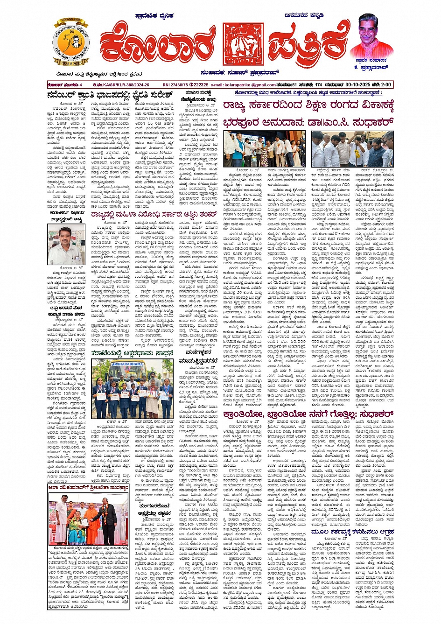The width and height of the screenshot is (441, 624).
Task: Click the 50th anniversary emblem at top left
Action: click(71, 43)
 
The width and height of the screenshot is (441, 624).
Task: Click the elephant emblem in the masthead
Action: click(243, 44)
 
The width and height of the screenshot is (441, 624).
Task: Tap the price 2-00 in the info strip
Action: click(385, 84)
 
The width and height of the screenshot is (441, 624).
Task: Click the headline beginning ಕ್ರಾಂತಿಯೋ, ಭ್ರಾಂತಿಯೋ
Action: click(308, 414)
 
